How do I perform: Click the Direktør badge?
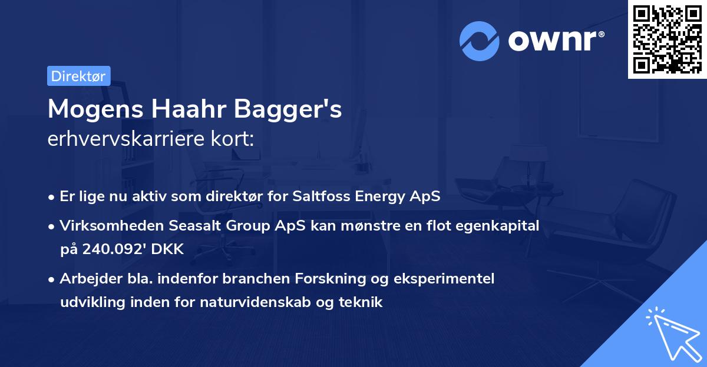click(x=78, y=76)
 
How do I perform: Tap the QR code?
click(x=666, y=39)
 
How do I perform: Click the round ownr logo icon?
click(x=479, y=41)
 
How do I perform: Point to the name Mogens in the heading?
click(x=94, y=109)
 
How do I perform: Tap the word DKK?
click(x=167, y=249)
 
